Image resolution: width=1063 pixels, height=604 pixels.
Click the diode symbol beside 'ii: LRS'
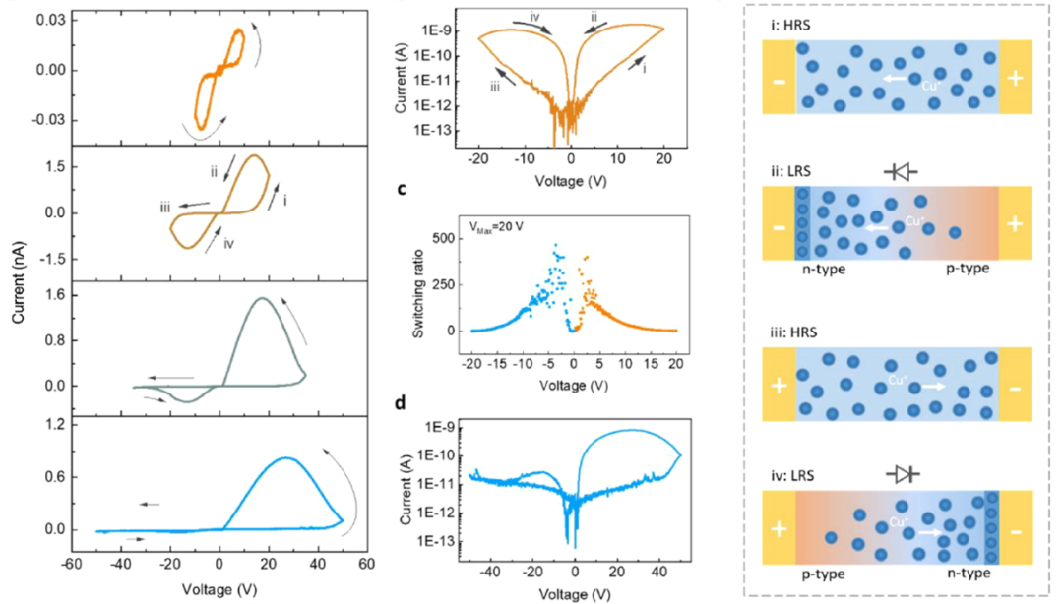pos(902,172)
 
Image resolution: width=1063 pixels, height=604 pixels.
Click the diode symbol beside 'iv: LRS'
pos(903,474)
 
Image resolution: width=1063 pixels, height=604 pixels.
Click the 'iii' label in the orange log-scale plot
pos(498,87)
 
